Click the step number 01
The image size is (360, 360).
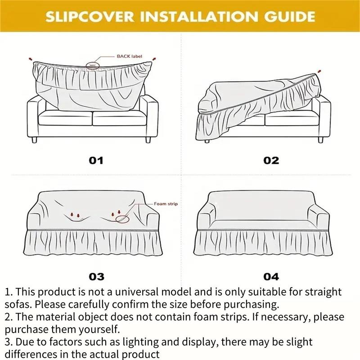coord(95,160)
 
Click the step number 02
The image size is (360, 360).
coord(271,160)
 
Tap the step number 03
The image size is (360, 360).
coord(96,276)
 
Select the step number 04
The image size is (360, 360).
coord(271,276)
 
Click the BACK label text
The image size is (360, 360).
coord(130,56)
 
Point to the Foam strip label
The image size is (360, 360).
coord(166,204)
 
